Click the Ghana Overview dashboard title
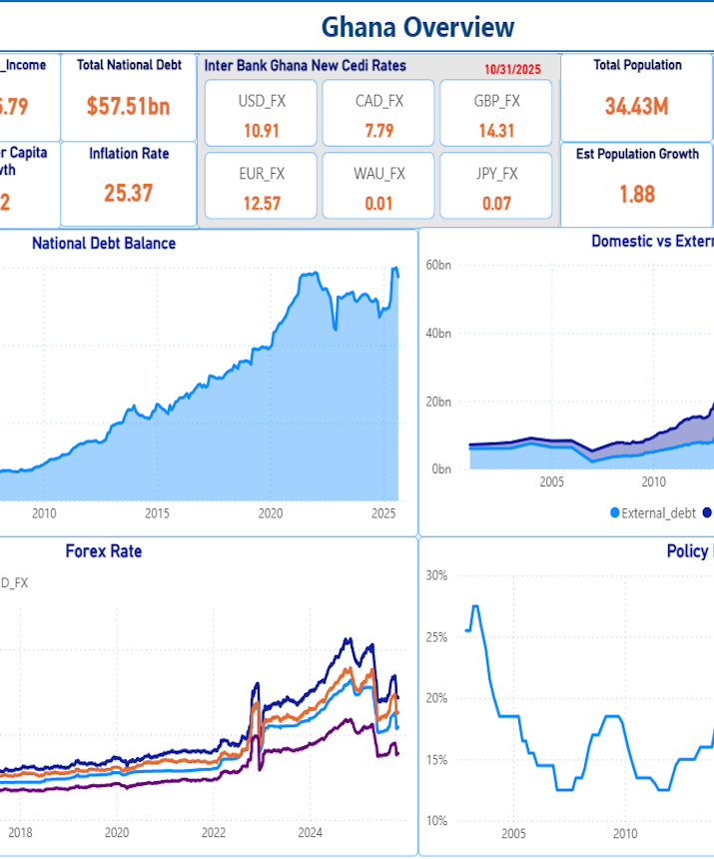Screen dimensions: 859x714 pyautogui.click(x=417, y=27)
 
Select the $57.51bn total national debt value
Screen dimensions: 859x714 pyautogui.click(x=128, y=106)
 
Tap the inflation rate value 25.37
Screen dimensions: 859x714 pyautogui.click(x=128, y=193)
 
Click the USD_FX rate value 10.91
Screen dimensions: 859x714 pyautogui.click(x=261, y=130)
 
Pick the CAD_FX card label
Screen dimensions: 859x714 pyautogui.click(x=379, y=101)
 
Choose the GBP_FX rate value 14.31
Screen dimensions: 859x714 pyautogui.click(x=496, y=130)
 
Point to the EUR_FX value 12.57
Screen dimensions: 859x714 pyautogui.click(x=261, y=204)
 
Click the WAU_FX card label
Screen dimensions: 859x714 pyautogui.click(x=379, y=174)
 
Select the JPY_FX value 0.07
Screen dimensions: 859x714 pyautogui.click(x=496, y=204)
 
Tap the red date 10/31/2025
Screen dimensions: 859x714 pyautogui.click(x=511, y=69)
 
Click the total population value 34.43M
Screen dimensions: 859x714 pyautogui.click(x=636, y=106)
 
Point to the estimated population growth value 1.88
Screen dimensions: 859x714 pyautogui.click(x=636, y=193)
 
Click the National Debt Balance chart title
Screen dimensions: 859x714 pyautogui.click(x=104, y=243)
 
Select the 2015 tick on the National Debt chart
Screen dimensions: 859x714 pyautogui.click(x=157, y=514)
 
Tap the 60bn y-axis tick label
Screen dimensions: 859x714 pyautogui.click(x=439, y=265)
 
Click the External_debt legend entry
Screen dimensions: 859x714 pyautogui.click(x=651, y=512)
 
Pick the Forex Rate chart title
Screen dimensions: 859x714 pyautogui.click(x=104, y=550)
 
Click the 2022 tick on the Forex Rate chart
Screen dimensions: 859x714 pyautogui.click(x=214, y=833)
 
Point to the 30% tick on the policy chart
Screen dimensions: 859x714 pyautogui.click(x=437, y=575)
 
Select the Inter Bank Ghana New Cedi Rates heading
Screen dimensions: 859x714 pyautogui.click(x=306, y=65)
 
